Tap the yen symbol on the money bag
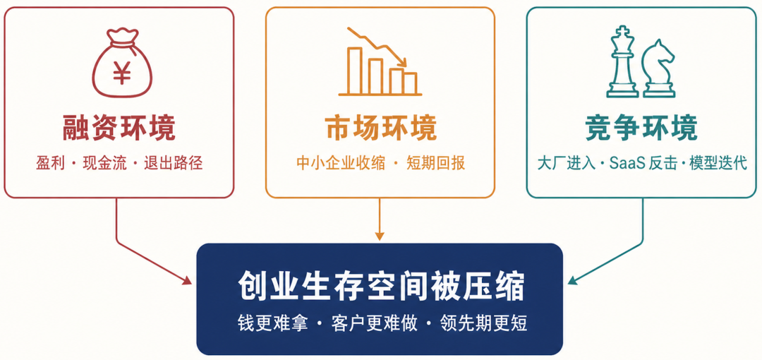[122, 73]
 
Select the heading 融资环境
[119, 128]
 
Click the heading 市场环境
[380, 128]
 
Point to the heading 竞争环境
[641, 128]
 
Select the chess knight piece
[658, 68]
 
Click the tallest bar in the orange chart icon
[354, 70]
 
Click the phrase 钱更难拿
[272, 323]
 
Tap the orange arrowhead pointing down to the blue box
[380, 236]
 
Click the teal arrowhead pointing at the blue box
[573, 280]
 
